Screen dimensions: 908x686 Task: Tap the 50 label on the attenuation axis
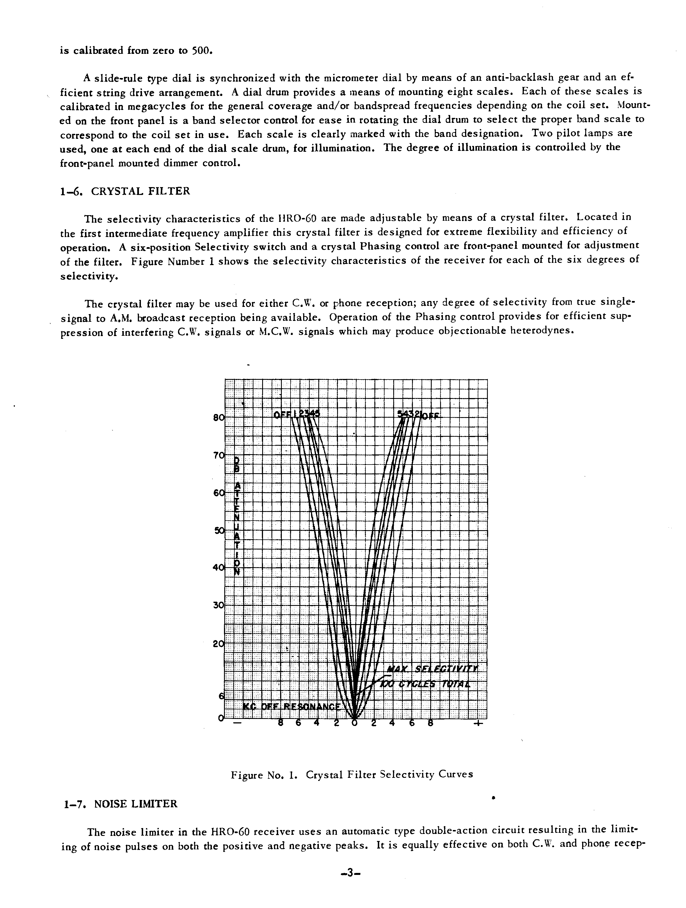[x=219, y=530]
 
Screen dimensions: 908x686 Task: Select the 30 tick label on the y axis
[x=219, y=605]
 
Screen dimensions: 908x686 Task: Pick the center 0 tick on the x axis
[x=355, y=723]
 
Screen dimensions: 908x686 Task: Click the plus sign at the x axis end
[x=478, y=723]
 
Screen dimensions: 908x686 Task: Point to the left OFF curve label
[x=282, y=415]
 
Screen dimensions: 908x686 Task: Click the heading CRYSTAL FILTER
[x=141, y=191]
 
